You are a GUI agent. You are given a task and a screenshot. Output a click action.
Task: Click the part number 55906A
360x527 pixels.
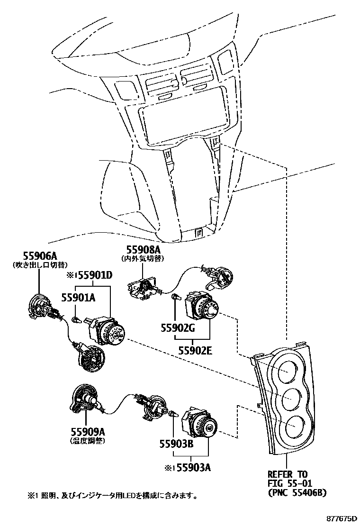coord(36,256)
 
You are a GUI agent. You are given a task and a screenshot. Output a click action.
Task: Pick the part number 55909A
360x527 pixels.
coord(88,432)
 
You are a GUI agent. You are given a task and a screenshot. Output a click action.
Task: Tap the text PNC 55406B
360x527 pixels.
coord(297,493)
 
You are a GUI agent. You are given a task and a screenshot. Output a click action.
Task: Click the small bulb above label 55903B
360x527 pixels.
coord(173,414)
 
